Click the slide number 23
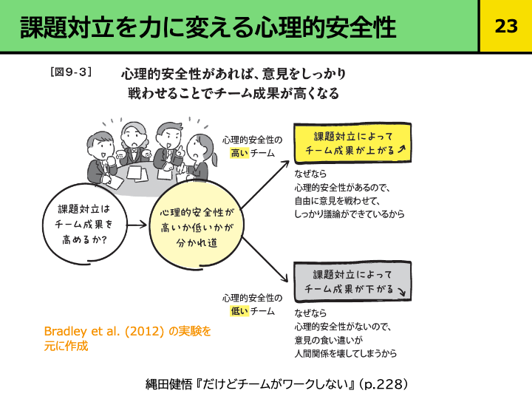point(505,26)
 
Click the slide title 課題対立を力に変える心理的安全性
point(208,27)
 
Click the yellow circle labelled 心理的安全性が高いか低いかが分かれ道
point(196,227)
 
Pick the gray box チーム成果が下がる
point(353,282)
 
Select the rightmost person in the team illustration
point(198,155)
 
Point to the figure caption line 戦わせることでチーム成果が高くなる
point(233,94)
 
